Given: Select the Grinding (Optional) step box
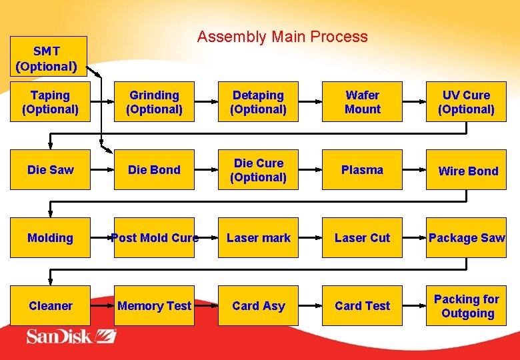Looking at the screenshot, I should pos(154,102).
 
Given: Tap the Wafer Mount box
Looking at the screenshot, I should pos(362,102).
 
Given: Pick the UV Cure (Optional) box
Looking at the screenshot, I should pos(466,102).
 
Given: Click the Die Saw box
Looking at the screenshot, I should pos(50,170).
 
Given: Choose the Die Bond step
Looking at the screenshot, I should pos(154,170).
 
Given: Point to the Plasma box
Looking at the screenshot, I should pos(362,170).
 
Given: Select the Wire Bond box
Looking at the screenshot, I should pos(466,170).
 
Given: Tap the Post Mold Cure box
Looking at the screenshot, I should pos(154,238).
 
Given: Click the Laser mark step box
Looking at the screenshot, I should pos(258,238).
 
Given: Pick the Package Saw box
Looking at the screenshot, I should pos(466,238).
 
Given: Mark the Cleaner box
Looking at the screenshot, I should pos(50,306).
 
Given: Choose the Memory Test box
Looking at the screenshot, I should pos(154,306).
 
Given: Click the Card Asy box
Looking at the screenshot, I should pos(258,306).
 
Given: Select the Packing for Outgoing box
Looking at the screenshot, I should pos(466,306).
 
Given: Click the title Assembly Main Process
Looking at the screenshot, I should pos(282,37).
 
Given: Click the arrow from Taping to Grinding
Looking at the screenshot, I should pos(102,102).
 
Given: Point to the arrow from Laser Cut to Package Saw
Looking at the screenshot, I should pos(414,238).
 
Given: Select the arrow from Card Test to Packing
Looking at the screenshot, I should pos(414,306).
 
